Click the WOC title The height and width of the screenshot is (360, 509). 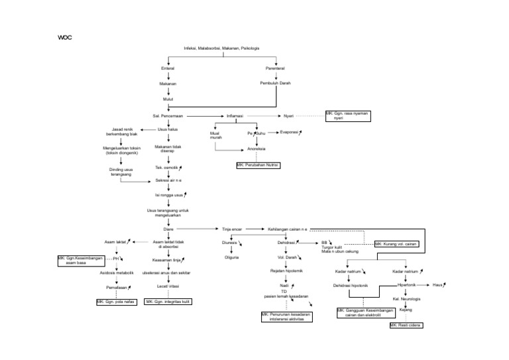65,38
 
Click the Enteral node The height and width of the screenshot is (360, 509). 168,68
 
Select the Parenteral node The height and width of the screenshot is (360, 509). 275,68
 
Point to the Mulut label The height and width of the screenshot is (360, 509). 168,99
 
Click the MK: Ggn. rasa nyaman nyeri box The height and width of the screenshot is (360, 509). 348,115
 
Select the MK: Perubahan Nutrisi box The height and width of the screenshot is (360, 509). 258,164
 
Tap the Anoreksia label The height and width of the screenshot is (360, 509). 256,149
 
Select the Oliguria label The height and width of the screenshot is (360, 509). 231,257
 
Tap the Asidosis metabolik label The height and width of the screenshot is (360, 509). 117,272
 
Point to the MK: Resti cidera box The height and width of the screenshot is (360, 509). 406,326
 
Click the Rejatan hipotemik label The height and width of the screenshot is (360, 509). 287,271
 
